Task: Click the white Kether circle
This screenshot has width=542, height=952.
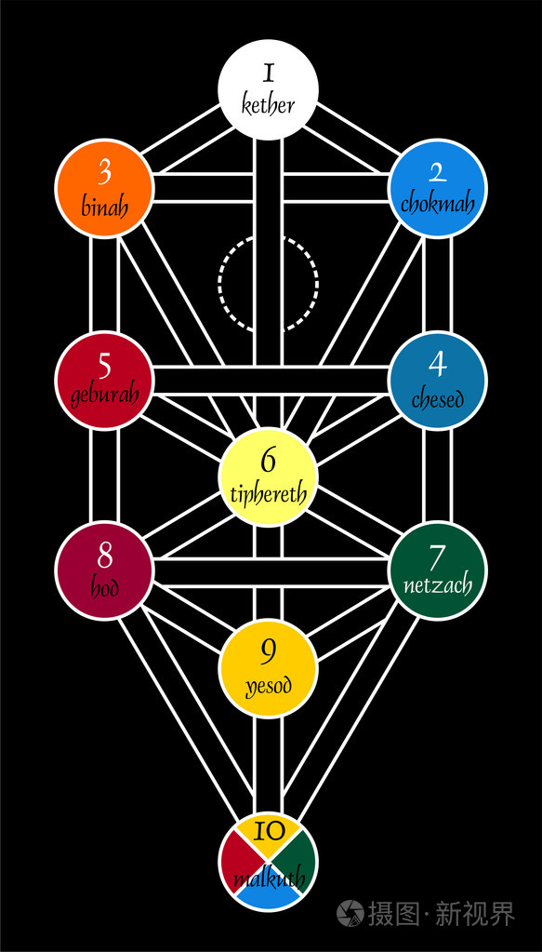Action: coord(268,90)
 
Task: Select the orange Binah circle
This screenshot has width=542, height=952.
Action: coord(104,188)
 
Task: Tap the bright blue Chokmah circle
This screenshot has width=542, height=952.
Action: coord(437,188)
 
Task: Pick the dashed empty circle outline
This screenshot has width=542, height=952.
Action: coord(268,283)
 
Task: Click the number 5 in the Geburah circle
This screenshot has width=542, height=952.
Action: coord(104,367)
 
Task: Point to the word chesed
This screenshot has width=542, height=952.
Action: coord(437,399)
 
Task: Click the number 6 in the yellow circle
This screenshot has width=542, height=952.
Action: coord(268,461)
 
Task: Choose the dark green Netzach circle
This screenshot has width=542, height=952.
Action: coord(437,570)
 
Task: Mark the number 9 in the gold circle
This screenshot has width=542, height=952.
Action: coord(268,652)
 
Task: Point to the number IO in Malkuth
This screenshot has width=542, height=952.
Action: coord(268,831)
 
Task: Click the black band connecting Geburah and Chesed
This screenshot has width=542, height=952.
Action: coord(271,381)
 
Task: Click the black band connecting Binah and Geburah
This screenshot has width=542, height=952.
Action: coord(104,285)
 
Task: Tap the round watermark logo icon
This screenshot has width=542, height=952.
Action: coord(350,913)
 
